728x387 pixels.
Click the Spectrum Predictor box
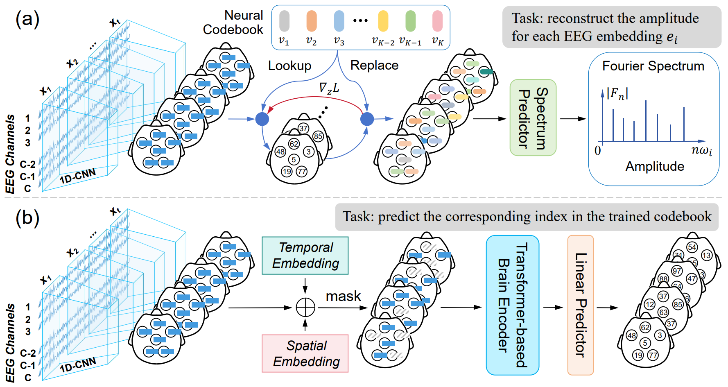coord(533,118)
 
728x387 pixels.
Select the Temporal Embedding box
coord(305,256)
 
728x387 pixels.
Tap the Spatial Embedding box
coord(305,353)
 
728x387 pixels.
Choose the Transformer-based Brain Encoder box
coord(512,305)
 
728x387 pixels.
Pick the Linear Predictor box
coord(580,305)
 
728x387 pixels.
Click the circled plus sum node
coord(305,308)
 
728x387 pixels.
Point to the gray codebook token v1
coord(284,21)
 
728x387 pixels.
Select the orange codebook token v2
coord(312,21)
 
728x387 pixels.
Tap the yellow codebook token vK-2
coord(383,21)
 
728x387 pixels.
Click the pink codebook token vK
coord(438,21)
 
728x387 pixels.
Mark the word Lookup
coord(289,66)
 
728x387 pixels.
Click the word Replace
coord(374,65)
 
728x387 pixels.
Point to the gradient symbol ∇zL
coord(329,88)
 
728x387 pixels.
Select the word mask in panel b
coord(343,296)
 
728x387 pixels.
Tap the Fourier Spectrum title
coord(653,66)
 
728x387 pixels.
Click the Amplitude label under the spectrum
coord(655,166)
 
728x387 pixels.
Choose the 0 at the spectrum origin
coord(598,150)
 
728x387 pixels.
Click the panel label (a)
coord(27,18)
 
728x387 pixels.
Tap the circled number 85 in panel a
coord(318,136)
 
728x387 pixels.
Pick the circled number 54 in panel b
coord(692,247)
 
